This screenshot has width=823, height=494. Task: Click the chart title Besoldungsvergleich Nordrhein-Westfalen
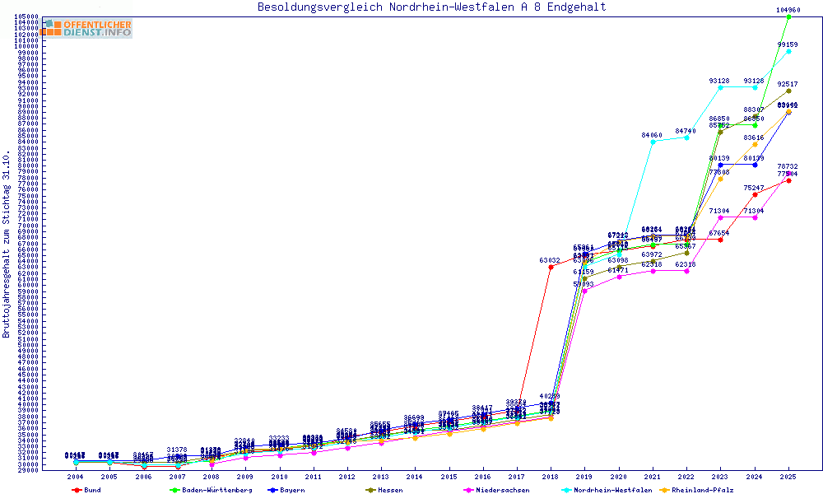(431, 7)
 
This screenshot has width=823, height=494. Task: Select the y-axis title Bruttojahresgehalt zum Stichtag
(7, 245)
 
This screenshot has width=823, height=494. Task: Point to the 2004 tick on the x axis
(75, 477)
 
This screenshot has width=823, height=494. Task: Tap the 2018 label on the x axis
(551, 477)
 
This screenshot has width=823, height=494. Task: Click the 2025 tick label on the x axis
(788, 477)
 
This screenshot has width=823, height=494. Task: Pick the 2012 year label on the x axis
(347, 477)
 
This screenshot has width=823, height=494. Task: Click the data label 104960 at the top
(788, 10)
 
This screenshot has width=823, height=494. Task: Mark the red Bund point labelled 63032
(551, 267)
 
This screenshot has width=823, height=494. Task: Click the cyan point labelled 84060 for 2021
(653, 142)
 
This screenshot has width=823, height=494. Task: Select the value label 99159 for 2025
(788, 44)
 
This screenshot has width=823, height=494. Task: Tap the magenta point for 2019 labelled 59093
(584, 291)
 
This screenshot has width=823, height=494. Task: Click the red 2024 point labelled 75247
(755, 194)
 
